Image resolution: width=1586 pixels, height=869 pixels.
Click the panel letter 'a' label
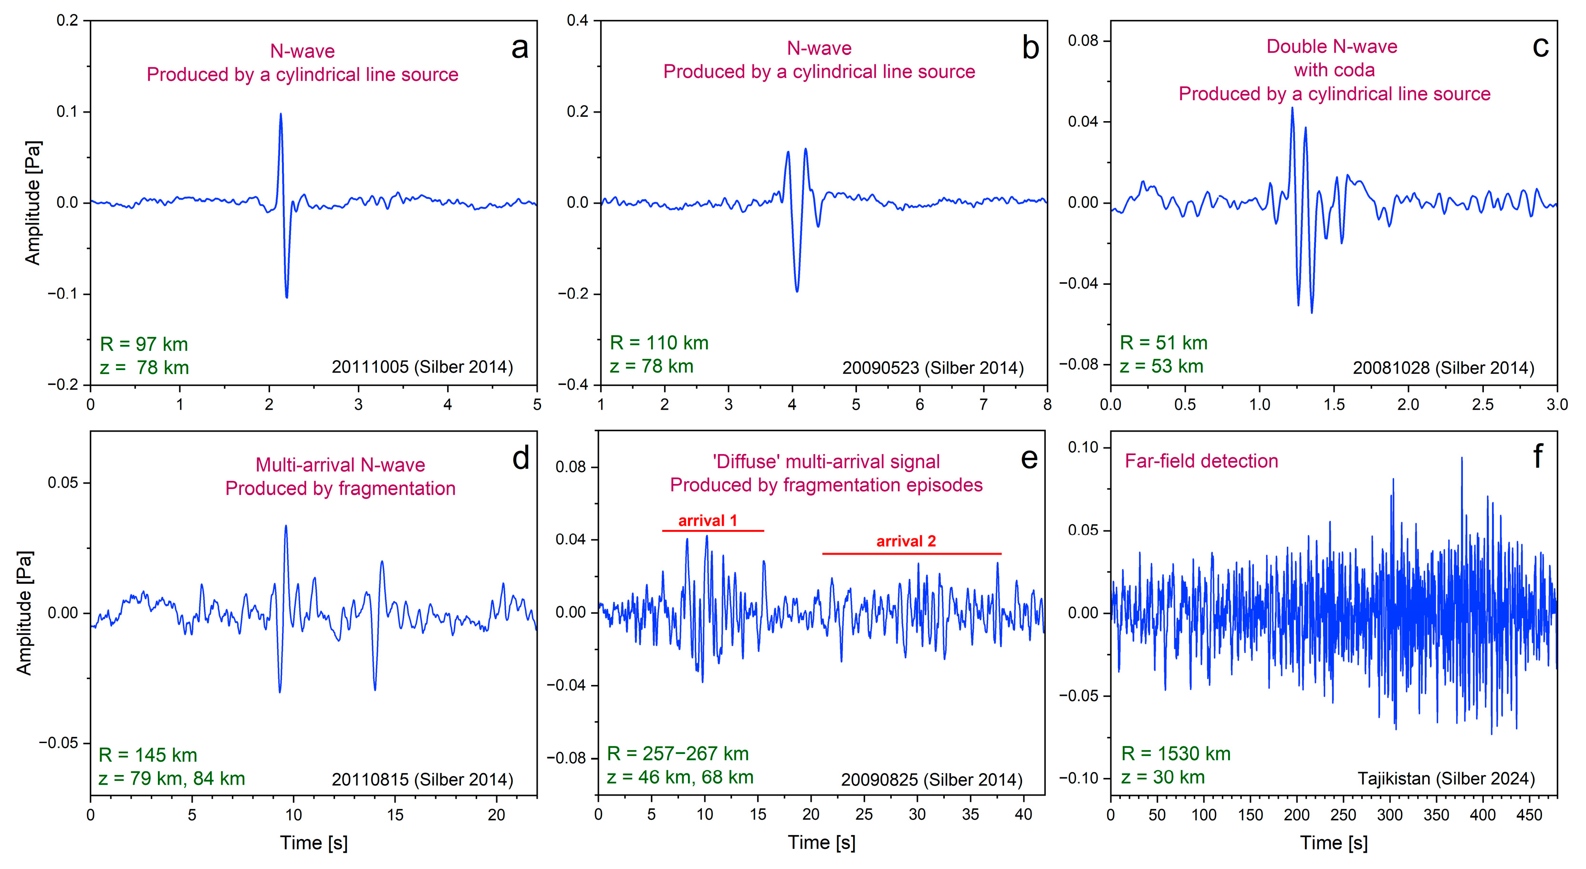click(x=520, y=49)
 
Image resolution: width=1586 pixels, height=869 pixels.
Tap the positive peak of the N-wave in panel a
click(x=281, y=114)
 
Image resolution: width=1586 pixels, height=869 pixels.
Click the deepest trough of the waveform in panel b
click(x=797, y=290)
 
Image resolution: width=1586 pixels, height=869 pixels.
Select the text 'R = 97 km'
click(x=144, y=344)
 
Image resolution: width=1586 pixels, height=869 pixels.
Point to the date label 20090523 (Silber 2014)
click(x=933, y=368)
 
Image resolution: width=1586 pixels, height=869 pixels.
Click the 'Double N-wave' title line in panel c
click(x=1331, y=47)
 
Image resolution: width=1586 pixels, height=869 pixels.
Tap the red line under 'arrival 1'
click(x=712, y=530)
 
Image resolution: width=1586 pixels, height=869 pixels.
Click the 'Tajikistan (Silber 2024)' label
click(x=1446, y=778)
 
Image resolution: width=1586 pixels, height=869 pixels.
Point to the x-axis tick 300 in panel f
click(x=1389, y=815)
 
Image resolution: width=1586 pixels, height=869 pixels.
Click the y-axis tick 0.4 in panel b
click(x=577, y=21)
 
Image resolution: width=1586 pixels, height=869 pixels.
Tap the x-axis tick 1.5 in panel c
click(x=1334, y=404)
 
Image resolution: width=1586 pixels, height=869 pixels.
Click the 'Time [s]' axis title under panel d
click(x=313, y=843)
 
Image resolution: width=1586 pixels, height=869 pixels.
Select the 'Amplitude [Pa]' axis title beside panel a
click(x=32, y=203)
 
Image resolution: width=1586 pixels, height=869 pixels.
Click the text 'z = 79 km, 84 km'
click(x=172, y=778)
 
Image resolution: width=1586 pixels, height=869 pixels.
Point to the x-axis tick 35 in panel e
click(x=970, y=814)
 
